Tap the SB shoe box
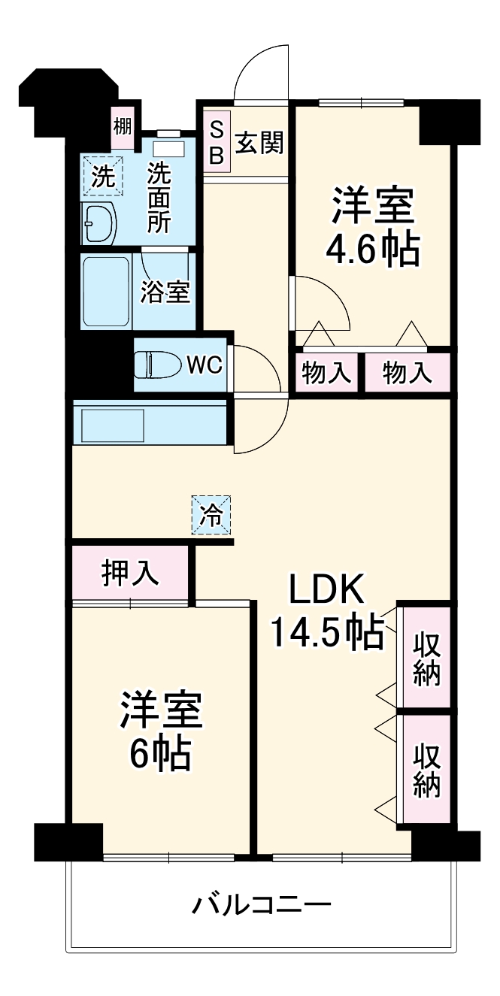click(216, 142)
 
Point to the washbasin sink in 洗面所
click(98, 223)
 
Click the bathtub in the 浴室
click(105, 292)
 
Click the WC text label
click(204, 365)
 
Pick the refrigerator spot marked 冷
click(211, 515)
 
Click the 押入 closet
click(130, 574)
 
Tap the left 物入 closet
click(327, 372)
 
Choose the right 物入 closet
click(408, 372)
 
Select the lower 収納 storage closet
click(426, 770)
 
